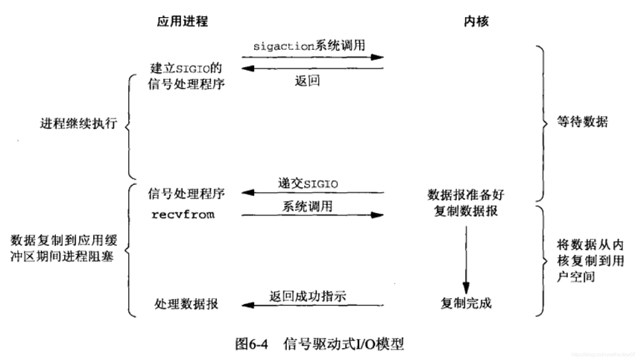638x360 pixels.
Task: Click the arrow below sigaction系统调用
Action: (312, 57)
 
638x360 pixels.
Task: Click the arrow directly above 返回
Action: (312, 69)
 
